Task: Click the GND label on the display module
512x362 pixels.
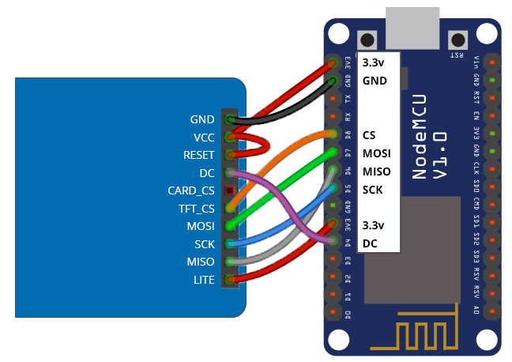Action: tap(202, 119)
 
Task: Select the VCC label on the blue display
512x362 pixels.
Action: tap(203, 137)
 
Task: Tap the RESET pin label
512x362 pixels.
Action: tap(198, 155)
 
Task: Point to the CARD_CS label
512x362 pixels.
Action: tap(190, 190)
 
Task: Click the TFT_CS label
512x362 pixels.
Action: tap(196, 209)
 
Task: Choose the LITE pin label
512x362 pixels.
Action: tap(203, 279)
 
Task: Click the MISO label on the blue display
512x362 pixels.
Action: tap(200, 261)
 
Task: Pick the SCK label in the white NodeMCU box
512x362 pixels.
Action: tap(373, 190)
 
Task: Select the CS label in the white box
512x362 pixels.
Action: tap(368, 135)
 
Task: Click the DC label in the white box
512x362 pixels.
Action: tap(370, 244)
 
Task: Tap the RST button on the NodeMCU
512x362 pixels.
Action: tap(457, 40)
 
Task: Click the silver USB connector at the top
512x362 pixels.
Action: tap(412, 28)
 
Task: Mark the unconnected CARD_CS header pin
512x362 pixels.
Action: tap(230, 190)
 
